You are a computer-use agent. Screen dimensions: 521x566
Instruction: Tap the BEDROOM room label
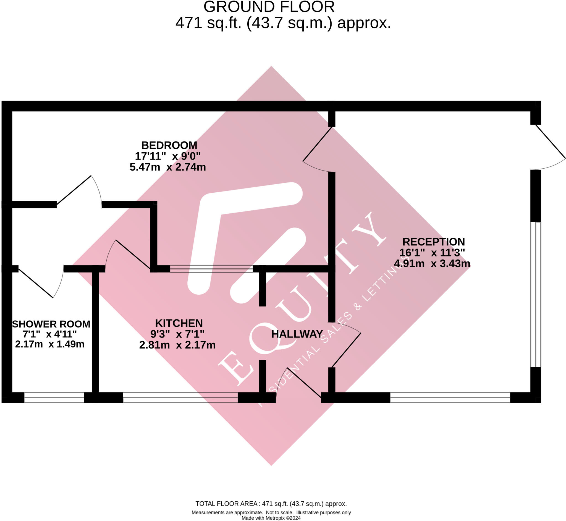(169, 145)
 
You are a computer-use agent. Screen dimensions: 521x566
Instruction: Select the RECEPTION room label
(434, 242)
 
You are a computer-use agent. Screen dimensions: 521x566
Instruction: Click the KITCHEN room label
(179, 323)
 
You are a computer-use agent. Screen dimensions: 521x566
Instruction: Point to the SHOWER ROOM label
(51, 324)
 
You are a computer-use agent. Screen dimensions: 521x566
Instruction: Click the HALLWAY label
(297, 334)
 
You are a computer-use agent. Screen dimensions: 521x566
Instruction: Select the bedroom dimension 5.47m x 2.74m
(168, 167)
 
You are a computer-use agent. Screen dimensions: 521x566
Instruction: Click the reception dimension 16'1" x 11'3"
(432, 253)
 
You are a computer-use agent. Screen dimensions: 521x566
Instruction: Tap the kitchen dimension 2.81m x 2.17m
(177, 345)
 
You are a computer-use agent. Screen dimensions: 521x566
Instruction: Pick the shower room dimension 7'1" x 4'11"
(50, 334)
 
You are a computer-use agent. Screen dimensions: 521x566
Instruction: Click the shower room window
(54, 397)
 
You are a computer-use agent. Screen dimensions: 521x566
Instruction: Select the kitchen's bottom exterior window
(180, 397)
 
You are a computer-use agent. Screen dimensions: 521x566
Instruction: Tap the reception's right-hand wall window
(536, 295)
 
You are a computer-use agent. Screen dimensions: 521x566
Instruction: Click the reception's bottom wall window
(450, 397)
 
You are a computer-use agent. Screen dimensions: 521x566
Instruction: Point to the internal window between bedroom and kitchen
(211, 269)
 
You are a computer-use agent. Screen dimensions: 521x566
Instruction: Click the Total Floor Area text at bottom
(271, 504)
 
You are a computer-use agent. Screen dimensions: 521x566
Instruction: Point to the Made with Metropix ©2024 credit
(271, 518)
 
